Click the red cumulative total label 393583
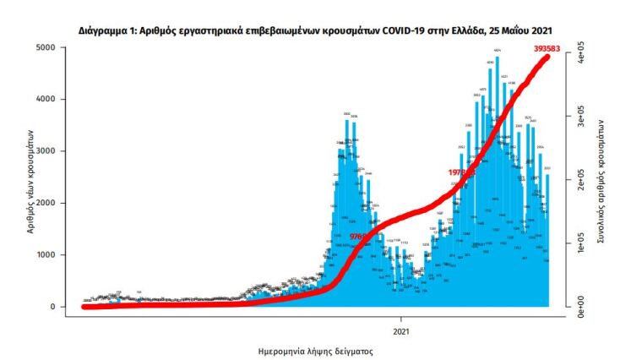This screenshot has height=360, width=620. (550, 48)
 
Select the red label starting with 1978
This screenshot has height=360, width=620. (460, 172)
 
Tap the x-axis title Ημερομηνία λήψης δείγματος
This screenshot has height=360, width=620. (315, 350)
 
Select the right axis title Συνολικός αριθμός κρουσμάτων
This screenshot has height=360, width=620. (601, 181)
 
